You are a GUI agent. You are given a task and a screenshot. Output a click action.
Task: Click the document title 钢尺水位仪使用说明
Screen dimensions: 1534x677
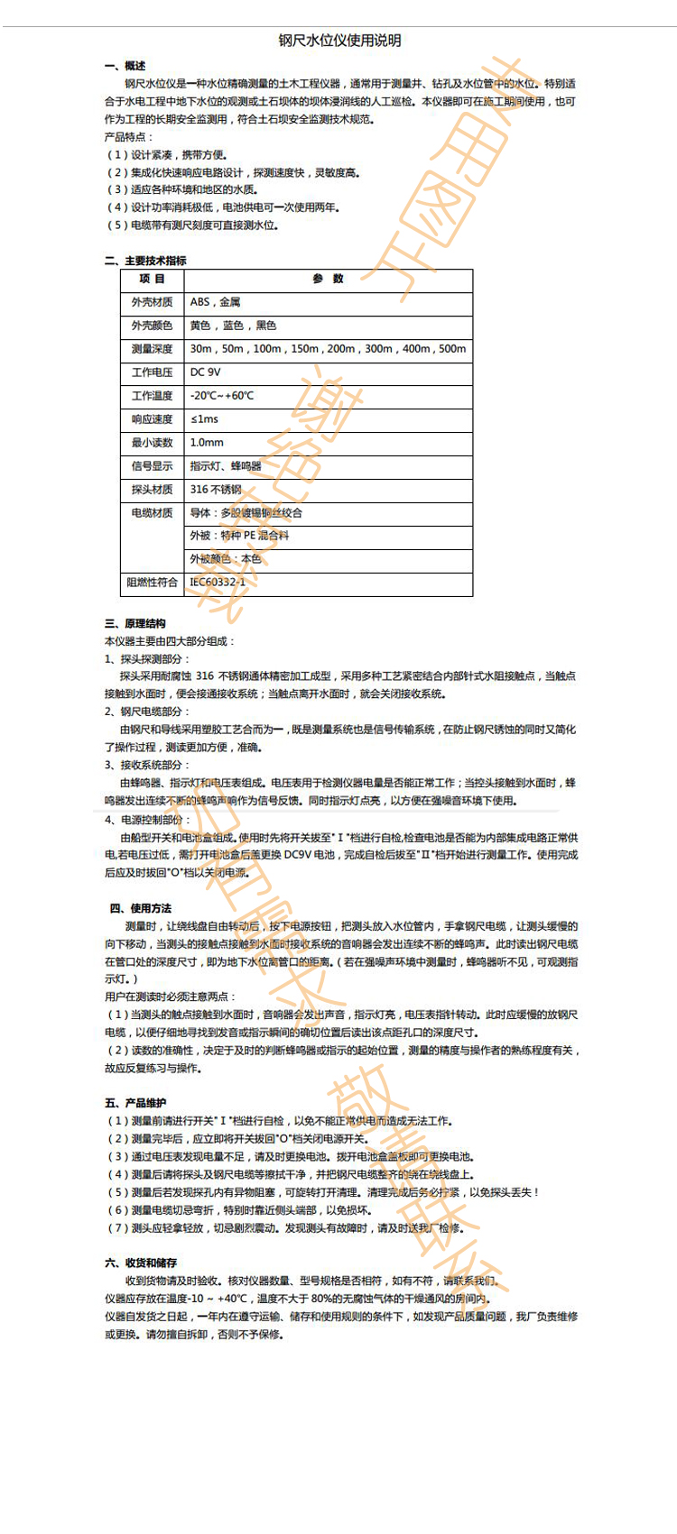339,41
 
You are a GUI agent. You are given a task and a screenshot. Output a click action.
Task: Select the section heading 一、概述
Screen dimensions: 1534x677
125,66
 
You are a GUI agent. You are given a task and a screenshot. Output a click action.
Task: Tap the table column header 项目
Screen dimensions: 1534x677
152,280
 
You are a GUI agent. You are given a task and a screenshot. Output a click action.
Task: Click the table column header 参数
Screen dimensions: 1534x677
328,280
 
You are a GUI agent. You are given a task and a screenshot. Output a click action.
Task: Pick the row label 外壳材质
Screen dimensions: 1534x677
152,303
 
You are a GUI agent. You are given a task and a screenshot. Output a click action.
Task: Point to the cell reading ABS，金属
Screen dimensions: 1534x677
215,303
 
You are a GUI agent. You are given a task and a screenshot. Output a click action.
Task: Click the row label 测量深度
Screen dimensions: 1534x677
152,350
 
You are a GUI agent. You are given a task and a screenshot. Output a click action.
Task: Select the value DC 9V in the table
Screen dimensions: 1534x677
205,372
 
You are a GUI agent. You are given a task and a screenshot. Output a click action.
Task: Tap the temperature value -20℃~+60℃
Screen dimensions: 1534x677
222,396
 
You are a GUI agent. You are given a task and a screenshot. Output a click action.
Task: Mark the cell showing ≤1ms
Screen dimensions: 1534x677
204,419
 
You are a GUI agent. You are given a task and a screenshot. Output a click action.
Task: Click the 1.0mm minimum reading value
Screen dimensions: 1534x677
207,443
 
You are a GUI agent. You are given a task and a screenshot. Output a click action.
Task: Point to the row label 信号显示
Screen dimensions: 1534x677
152,466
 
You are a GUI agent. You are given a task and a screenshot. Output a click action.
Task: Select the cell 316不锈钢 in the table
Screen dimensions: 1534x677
216,490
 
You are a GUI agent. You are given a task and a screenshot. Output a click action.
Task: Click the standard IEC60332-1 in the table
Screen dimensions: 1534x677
218,583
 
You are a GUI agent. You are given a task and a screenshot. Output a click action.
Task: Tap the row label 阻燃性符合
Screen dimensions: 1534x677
152,583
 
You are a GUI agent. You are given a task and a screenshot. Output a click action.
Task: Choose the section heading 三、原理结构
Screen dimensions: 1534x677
135,624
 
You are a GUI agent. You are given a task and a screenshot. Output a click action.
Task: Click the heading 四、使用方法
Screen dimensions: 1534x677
141,909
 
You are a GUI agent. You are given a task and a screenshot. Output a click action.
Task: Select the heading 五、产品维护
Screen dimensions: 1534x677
135,1104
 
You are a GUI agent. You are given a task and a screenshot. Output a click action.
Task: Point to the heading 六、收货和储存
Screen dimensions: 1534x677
141,1263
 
